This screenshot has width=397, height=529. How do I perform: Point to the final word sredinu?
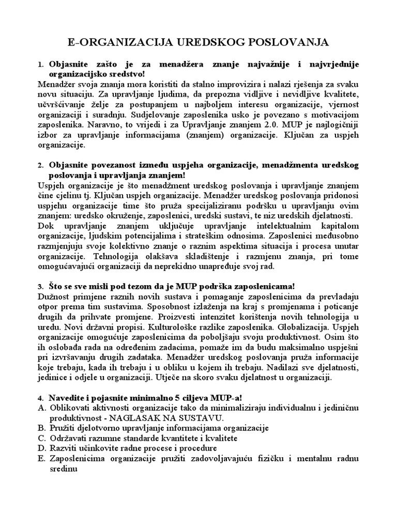pyautogui.click(x=64, y=469)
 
